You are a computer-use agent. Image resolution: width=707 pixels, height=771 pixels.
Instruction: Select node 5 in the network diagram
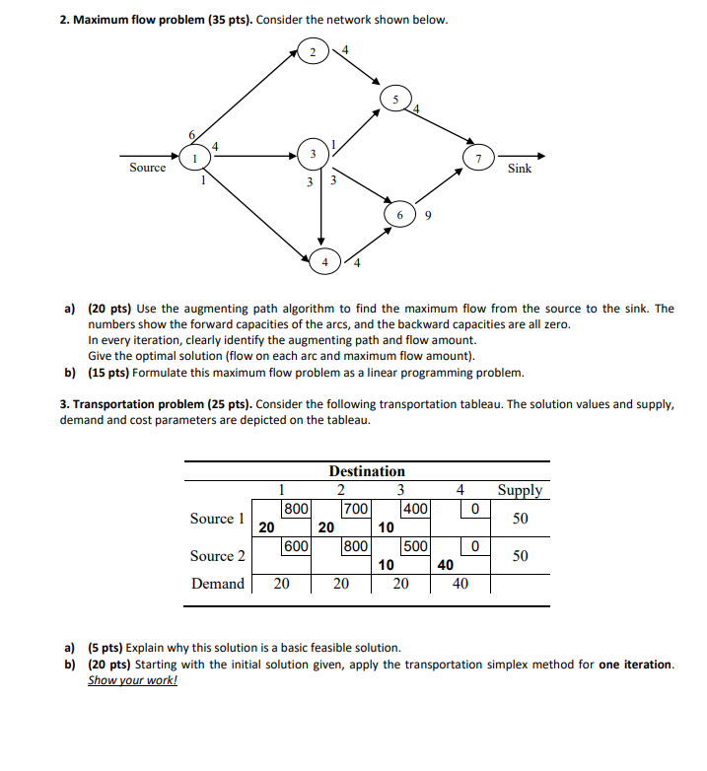coord(395,100)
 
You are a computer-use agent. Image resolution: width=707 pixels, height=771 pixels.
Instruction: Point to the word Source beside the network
coord(148,168)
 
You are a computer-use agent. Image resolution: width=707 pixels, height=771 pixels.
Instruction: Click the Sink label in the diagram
coord(520,169)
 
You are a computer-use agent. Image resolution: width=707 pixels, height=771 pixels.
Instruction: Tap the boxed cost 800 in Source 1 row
coord(297,509)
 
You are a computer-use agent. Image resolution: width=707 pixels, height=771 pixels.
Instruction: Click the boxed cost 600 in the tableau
coord(297,546)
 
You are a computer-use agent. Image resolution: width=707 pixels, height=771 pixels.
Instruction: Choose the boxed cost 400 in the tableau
coord(415,509)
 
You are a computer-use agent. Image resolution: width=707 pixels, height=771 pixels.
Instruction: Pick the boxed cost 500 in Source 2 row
coord(415,546)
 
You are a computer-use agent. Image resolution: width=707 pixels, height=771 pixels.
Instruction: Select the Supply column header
coord(520,490)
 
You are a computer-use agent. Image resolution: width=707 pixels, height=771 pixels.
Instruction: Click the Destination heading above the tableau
coord(367,471)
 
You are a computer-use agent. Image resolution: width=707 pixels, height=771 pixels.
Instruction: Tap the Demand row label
coord(218,584)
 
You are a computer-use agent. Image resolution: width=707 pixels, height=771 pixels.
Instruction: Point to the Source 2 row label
coord(218,556)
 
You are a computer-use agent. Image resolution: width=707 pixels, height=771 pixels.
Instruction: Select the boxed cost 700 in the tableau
coord(356,509)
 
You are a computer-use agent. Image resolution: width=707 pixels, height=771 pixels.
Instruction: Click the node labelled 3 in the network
coord(312,156)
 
